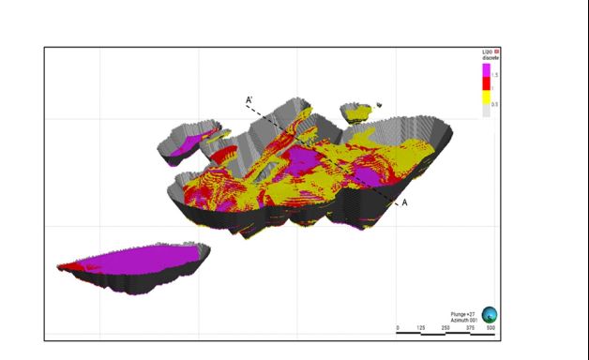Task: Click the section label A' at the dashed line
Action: tap(249, 98)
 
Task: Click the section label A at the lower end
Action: tap(405, 202)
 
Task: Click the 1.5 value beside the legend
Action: tap(494, 73)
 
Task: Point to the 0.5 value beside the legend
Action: tap(494, 104)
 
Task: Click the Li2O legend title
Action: tap(486, 52)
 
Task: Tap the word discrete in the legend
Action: tap(490, 58)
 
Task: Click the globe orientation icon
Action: tap(490, 316)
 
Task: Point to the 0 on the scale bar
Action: tap(399, 328)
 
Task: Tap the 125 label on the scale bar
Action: tap(421, 328)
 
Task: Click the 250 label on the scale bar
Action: tap(445, 328)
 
